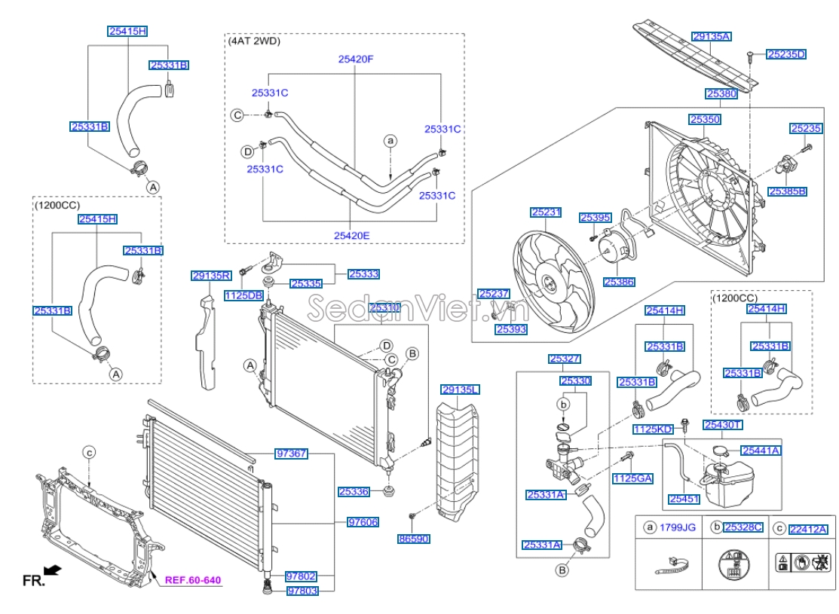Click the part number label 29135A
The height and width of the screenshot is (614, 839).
click(x=712, y=36)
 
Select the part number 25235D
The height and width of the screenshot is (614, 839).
click(x=786, y=54)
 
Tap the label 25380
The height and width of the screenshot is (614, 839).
click(x=721, y=94)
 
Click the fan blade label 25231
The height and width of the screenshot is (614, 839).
click(x=546, y=213)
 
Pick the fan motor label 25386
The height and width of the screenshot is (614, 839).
click(x=618, y=282)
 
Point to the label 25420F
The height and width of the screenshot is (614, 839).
click(x=355, y=58)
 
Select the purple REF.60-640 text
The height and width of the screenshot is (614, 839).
click(x=194, y=580)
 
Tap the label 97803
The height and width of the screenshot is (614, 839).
click(x=302, y=591)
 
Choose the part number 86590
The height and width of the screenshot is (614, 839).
click(x=413, y=539)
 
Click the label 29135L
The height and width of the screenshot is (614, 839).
click(x=460, y=389)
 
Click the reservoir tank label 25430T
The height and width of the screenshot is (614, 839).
click(x=723, y=426)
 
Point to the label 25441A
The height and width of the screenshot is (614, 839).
click(x=760, y=451)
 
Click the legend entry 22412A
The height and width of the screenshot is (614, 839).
click(x=808, y=529)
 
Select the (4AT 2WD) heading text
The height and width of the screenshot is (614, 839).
click(x=254, y=41)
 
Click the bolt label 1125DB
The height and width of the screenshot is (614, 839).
click(x=243, y=296)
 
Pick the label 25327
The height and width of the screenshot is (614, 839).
click(x=564, y=359)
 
